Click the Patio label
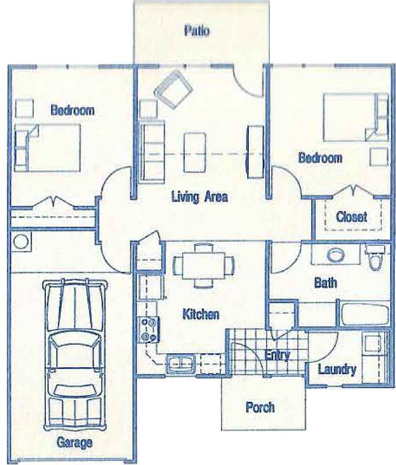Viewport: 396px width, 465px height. click(x=197, y=31)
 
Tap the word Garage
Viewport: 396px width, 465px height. click(x=74, y=443)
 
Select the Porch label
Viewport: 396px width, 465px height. click(x=260, y=407)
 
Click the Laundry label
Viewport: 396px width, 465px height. click(x=337, y=370)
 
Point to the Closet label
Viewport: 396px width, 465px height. click(x=351, y=217)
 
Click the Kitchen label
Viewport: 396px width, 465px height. click(x=201, y=314)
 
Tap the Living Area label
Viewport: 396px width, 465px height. click(x=199, y=197)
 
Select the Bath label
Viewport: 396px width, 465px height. click(x=326, y=282)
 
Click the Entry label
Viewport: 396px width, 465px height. click(x=277, y=355)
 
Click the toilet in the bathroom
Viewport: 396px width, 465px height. click(x=375, y=257)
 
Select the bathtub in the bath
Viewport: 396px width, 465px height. click(x=365, y=314)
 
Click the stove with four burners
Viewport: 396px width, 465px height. click(x=149, y=329)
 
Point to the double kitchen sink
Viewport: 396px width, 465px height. click(x=180, y=364)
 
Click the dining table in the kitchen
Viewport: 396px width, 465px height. click(x=204, y=266)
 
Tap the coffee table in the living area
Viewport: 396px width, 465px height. click(x=195, y=152)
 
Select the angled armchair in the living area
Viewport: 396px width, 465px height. click(x=173, y=90)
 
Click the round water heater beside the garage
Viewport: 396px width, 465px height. click(x=21, y=242)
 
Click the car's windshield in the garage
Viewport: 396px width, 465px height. click(x=75, y=341)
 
